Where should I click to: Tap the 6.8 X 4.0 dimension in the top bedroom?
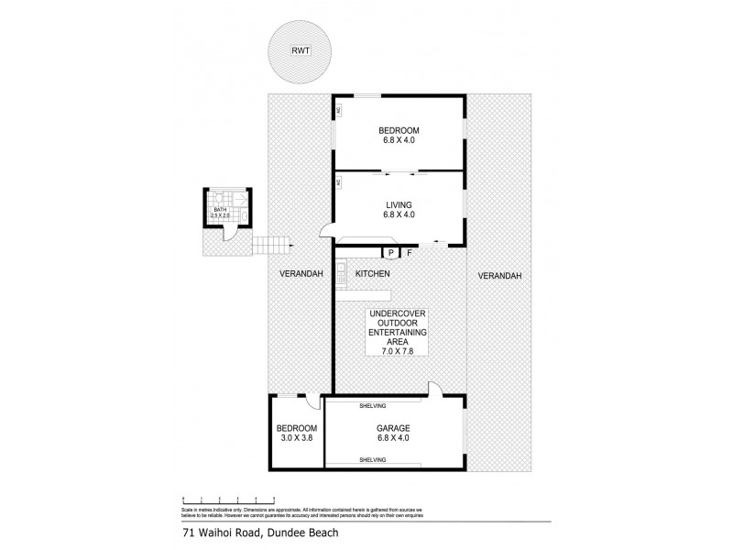click(399, 140)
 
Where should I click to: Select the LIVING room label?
click(399, 204)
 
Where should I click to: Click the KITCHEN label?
click(374, 274)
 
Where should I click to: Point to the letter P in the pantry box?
click(390, 252)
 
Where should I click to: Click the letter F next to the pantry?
click(409, 252)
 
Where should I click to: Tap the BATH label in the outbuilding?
click(220, 209)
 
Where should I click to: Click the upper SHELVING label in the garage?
click(373, 406)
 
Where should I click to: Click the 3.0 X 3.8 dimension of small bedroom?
click(297, 438)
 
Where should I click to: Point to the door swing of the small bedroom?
click(312, 401)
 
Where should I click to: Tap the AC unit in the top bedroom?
click(338, 111)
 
